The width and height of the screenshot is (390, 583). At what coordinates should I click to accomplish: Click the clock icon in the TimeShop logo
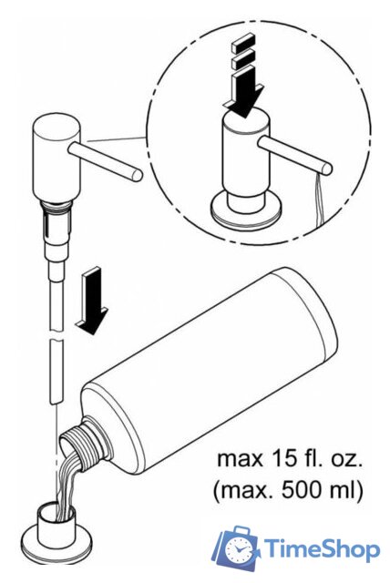click(238, 549)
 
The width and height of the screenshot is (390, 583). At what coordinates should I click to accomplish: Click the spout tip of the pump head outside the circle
click(138, 176)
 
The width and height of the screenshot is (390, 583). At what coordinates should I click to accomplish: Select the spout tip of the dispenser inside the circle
click(327, 169)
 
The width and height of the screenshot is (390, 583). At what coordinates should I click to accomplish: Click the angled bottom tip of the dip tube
click(55, 402)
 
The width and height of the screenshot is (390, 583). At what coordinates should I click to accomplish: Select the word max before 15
click(240, 459)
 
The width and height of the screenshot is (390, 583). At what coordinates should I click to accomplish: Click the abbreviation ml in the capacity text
click(340, 491)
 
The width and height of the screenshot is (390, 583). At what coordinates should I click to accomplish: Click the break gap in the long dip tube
click(56, 335)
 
